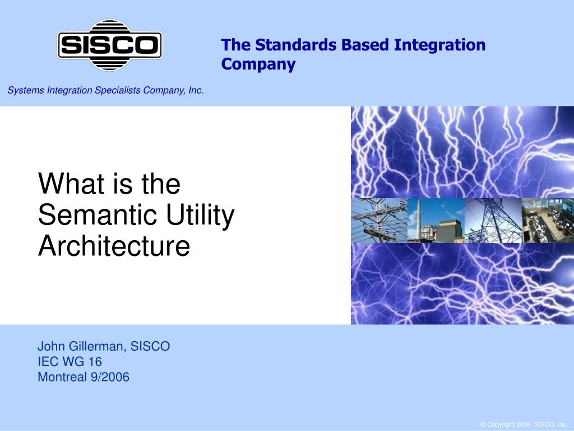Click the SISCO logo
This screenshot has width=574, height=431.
110,45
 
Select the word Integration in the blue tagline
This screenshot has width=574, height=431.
439,45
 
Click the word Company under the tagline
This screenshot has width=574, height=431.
258,64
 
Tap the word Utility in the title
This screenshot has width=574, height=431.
200,215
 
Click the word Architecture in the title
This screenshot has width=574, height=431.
114,246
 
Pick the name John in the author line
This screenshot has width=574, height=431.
51,346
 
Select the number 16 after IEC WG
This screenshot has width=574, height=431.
95,362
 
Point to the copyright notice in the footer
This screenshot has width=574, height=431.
524,424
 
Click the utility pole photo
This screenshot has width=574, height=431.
379,221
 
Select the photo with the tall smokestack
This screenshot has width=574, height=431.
436,221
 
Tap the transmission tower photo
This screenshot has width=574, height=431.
493,221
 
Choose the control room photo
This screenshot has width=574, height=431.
548,221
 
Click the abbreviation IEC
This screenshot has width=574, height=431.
48,362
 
